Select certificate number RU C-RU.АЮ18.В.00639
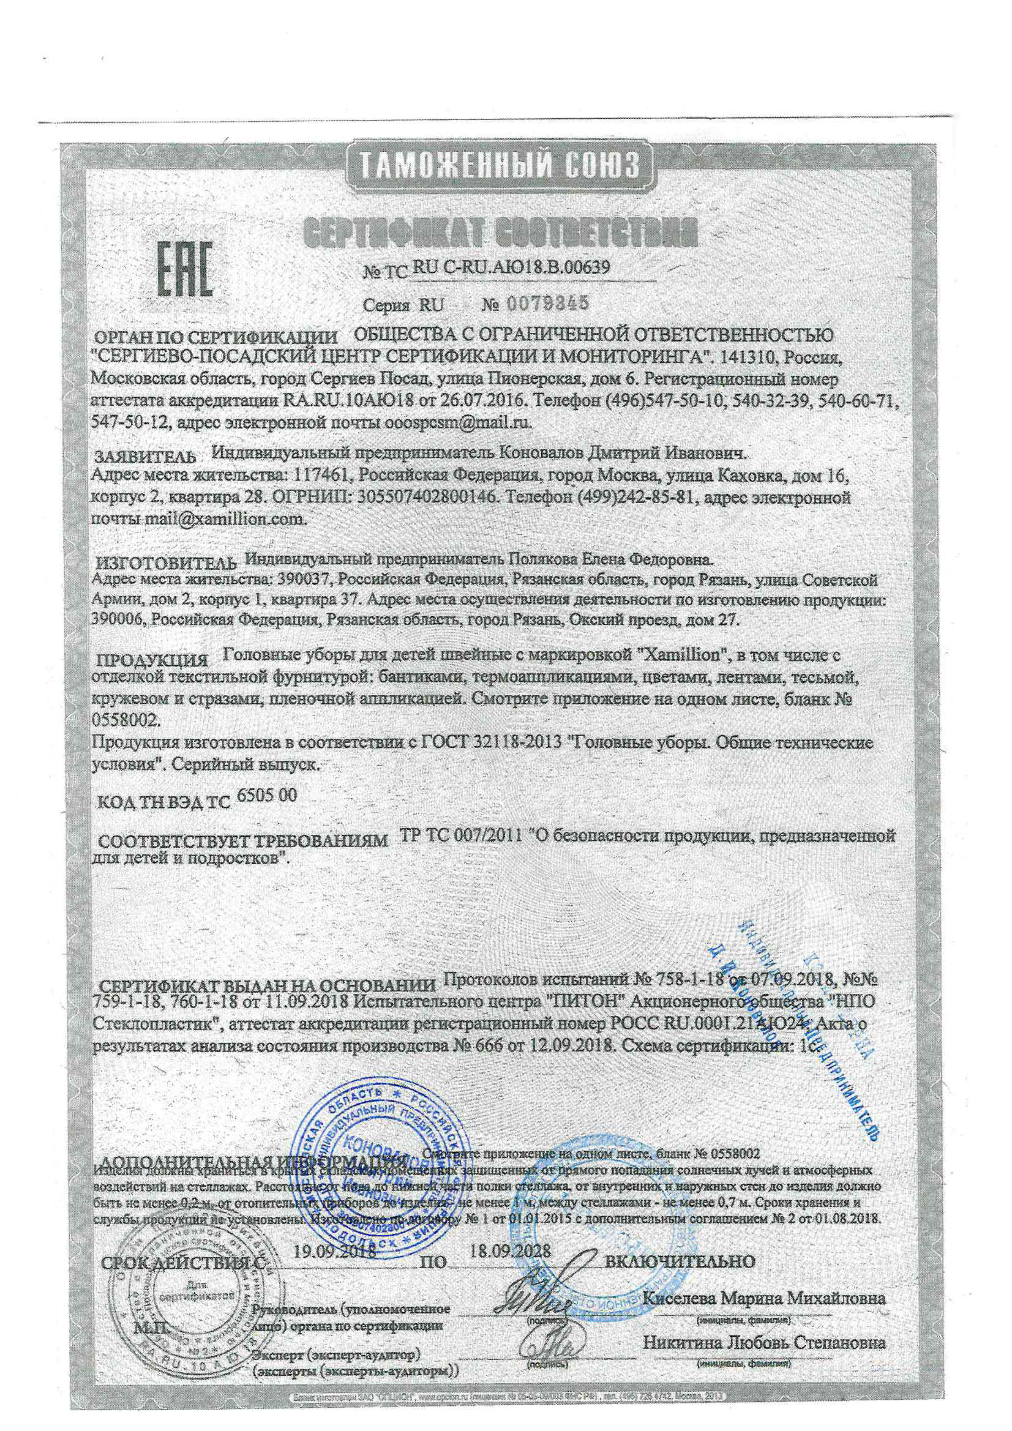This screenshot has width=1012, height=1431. [x=510, y=267]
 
